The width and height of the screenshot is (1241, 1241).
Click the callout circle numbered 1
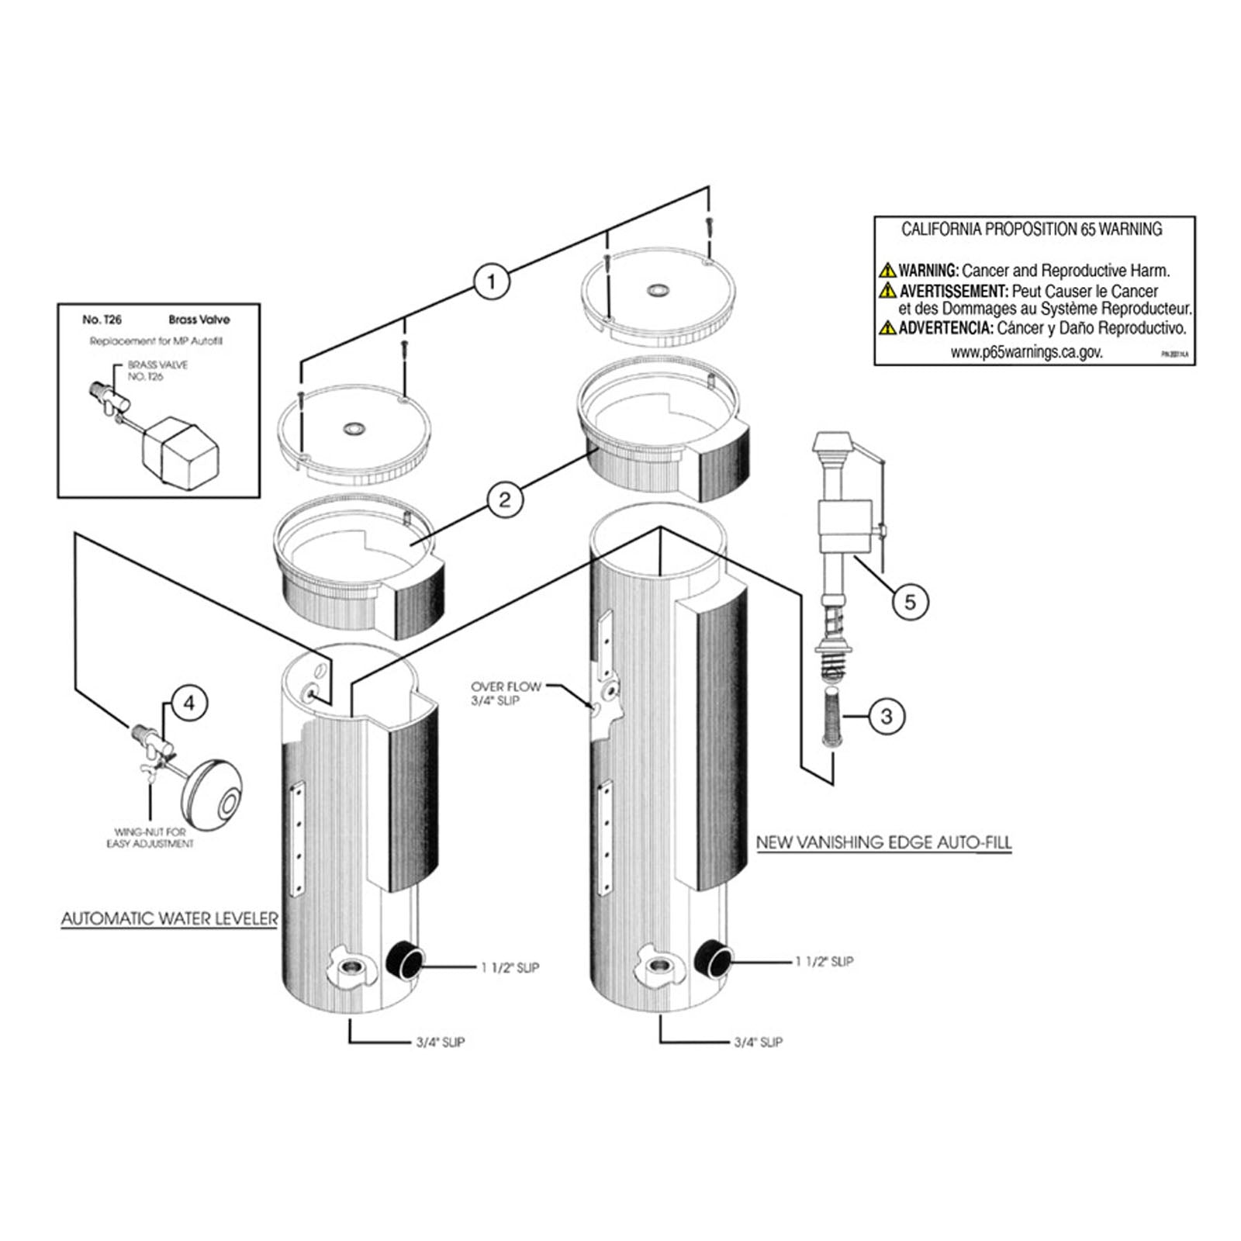pos(490,281)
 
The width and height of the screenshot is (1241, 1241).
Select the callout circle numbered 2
pos(504,500)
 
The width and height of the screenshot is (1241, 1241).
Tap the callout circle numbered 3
pos(887,716)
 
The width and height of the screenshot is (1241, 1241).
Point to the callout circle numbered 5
pos(910,601)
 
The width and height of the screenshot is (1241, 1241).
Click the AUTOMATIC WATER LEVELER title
pos(169,919)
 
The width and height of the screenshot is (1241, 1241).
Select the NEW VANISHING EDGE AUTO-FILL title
pos(883,842)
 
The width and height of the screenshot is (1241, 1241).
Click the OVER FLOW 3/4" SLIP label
pos(506,693)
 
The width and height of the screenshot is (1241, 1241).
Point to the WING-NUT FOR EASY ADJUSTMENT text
pos(150,838)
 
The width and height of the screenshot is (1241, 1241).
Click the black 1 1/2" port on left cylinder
pos(403,962)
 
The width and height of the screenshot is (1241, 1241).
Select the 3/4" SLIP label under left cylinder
pos(440,1042)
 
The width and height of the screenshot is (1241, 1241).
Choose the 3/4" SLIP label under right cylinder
pos(758,1042)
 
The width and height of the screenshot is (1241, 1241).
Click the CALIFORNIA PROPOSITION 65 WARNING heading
pos(1032,230)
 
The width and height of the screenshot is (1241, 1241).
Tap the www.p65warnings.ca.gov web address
pos(1025,352)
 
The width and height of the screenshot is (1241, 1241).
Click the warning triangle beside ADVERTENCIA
pos(887,328)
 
